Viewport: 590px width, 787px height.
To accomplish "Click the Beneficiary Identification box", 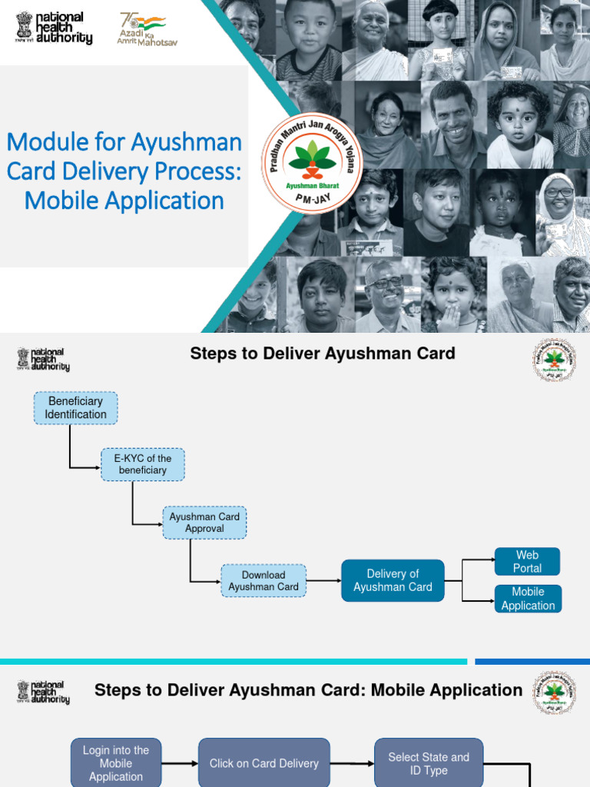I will pos(75,407).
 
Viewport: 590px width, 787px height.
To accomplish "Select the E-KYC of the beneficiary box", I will pos(143,464).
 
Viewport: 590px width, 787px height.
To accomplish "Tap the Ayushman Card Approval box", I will pos(204,523).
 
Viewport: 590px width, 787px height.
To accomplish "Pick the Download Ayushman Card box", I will pos(264,581).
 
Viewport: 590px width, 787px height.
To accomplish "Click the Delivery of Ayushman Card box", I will pos(393,580).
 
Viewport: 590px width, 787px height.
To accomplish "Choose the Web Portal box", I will pos(527,562).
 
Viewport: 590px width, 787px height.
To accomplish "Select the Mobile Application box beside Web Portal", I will pos(528,599).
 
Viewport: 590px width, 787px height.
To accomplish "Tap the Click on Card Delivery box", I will pos(264,763).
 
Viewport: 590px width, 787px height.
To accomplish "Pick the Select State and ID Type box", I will pos(429,763).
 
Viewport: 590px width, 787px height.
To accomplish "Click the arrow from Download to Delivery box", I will pos(323,580).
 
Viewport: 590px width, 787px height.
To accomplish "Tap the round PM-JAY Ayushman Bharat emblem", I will pos(312,163).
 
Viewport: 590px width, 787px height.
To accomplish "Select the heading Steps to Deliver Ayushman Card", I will pos(323,354).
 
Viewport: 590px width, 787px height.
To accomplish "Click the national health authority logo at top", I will pos(54,28).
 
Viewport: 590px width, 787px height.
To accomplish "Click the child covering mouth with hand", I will pos(453,295).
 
